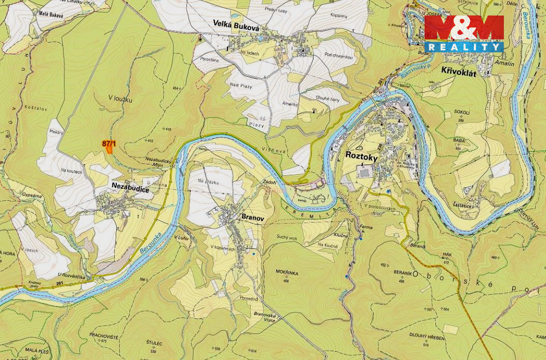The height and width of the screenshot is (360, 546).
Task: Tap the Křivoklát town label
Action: [458, 73]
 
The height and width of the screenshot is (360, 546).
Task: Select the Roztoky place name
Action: [361, 155]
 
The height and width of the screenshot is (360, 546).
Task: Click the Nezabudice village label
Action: [129, 190]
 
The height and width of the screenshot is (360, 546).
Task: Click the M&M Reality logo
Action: [463, 34]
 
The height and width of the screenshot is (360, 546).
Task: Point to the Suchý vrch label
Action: [288, 237]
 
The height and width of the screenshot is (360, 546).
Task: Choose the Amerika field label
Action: [290, 104]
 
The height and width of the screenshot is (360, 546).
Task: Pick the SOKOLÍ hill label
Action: [461, 113]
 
